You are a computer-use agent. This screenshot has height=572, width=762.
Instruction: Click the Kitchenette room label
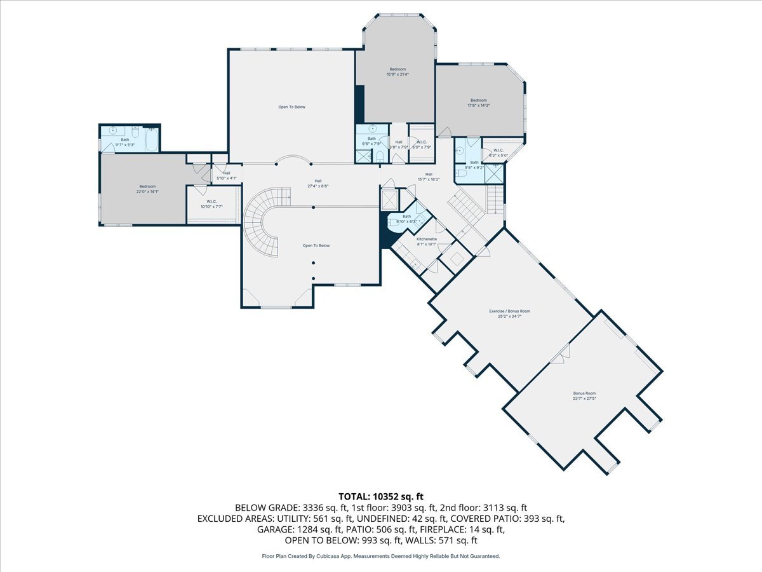[426, 239]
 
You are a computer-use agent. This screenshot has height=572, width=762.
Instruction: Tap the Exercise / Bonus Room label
[509, 311]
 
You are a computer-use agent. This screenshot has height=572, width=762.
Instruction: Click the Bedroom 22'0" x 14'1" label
[147, 186]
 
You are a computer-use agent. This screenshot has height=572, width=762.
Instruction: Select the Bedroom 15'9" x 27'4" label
[398, 69]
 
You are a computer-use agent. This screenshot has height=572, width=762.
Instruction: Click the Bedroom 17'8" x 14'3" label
[478, 100]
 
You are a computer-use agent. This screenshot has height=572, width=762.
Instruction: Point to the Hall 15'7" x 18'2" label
[429, 174]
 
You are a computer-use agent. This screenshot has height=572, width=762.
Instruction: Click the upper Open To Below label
[291, 107]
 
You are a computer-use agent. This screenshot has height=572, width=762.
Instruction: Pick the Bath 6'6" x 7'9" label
[371, 139]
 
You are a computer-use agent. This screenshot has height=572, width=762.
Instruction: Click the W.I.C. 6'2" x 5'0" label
[498, 151]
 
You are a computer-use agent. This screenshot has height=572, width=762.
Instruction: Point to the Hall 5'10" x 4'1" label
[227, 173]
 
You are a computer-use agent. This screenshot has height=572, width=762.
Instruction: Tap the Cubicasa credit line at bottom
[381, 556]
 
